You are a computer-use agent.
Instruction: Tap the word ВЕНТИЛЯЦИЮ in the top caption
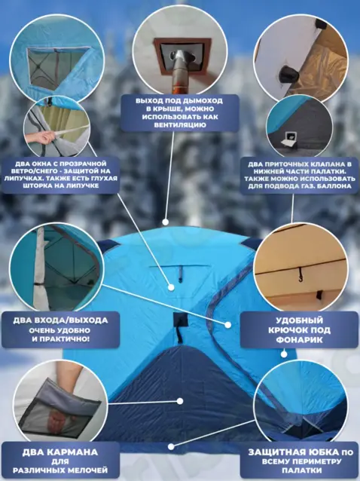(180, 125)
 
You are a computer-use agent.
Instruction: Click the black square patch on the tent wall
(181, 320)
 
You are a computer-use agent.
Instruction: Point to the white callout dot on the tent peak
(166, 222)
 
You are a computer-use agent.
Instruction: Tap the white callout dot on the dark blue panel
(180, 401)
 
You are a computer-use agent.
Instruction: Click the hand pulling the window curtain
(41, 138)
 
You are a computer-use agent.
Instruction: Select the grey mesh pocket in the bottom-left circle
(61, 410)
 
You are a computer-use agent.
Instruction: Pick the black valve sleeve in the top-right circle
(289, 72)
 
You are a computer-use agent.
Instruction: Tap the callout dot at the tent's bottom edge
(171, 446)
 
